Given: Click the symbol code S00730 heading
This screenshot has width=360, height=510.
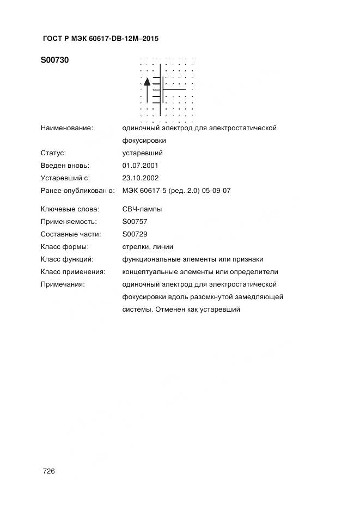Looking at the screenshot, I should [54, 60].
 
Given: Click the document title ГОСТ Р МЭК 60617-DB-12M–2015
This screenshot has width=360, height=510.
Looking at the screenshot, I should [100, 39].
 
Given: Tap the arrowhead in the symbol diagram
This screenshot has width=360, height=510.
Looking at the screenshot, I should [147, 82].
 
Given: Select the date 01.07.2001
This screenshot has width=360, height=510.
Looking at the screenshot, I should [141, 165].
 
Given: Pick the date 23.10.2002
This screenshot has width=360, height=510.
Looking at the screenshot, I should [141, 178].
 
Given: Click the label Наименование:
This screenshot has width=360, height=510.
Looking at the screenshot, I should [67, 128].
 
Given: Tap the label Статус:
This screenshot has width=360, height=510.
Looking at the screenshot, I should [53, 153].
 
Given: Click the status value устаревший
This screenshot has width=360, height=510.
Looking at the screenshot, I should [143, 153].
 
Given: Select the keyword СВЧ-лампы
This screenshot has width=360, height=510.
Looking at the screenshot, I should [142, 209].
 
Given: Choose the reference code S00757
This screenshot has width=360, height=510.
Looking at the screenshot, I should [135, 222].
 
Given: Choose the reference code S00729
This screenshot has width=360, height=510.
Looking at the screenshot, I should [135, 234].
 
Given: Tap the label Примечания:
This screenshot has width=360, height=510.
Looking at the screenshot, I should [63, 284].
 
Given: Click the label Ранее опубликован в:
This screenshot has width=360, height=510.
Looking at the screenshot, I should [77, 190].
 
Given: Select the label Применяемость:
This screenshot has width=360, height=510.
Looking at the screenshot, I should [69, 222].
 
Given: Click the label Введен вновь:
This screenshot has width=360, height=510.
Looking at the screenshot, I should [65, 165].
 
